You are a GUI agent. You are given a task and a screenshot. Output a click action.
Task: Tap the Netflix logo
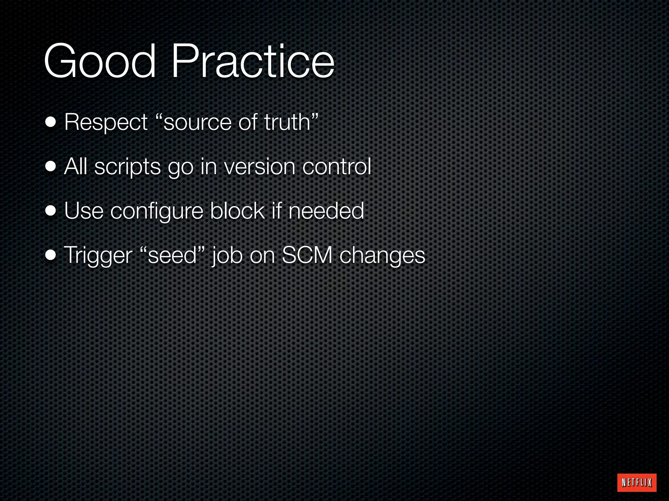[637, 482]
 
